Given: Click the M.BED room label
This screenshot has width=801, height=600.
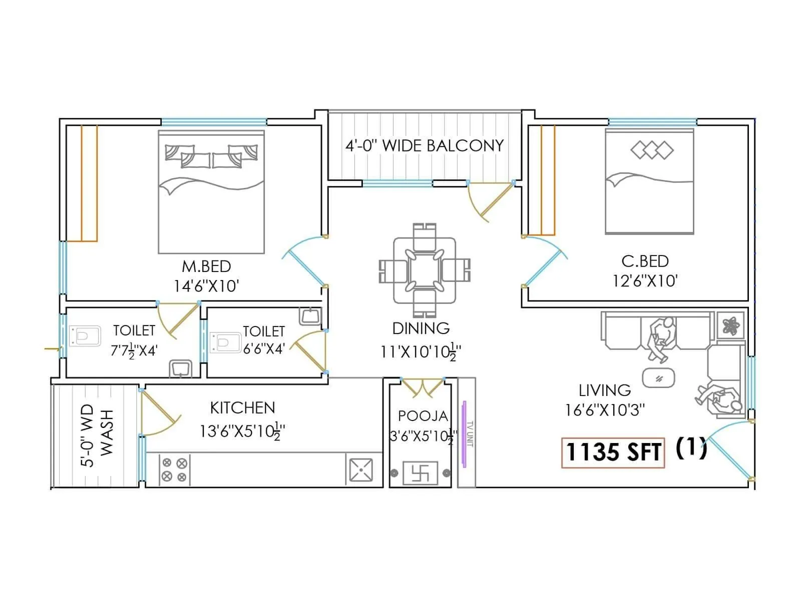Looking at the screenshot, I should [206, 266].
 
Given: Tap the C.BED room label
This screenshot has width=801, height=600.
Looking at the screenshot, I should [645, 261].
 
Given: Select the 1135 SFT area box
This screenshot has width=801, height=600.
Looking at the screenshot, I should [613, 452].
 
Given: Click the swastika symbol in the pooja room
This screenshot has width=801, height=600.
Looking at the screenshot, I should [420, 472].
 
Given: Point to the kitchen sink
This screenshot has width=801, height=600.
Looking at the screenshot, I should [360, 470].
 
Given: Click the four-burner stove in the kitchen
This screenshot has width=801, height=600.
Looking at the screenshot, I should [174, 470].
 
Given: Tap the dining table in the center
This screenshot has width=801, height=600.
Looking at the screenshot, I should [424, 270].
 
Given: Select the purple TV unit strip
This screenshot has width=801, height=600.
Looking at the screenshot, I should [464, 434].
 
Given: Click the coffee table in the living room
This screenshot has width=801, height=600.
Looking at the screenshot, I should [658, 378].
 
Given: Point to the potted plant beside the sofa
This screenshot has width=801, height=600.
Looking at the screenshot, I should [731, 326].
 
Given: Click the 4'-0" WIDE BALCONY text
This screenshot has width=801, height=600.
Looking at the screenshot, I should [424, 145].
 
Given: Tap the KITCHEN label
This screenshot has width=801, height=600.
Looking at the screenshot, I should [242, 408].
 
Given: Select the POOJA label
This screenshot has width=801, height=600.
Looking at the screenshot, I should [423, 416].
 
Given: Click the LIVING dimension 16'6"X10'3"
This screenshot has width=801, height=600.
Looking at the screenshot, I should [605, 410].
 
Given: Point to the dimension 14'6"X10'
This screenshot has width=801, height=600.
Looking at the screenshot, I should [206, 286].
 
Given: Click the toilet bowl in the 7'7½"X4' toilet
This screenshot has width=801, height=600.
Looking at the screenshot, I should [84, 336].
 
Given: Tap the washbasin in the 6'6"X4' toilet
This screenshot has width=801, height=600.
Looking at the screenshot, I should [310, 316].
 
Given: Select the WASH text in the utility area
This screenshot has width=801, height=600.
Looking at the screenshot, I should [107, 433].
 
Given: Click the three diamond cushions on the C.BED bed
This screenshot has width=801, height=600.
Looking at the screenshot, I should [652, 149].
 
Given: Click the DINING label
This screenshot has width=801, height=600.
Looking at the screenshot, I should [421, 328].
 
